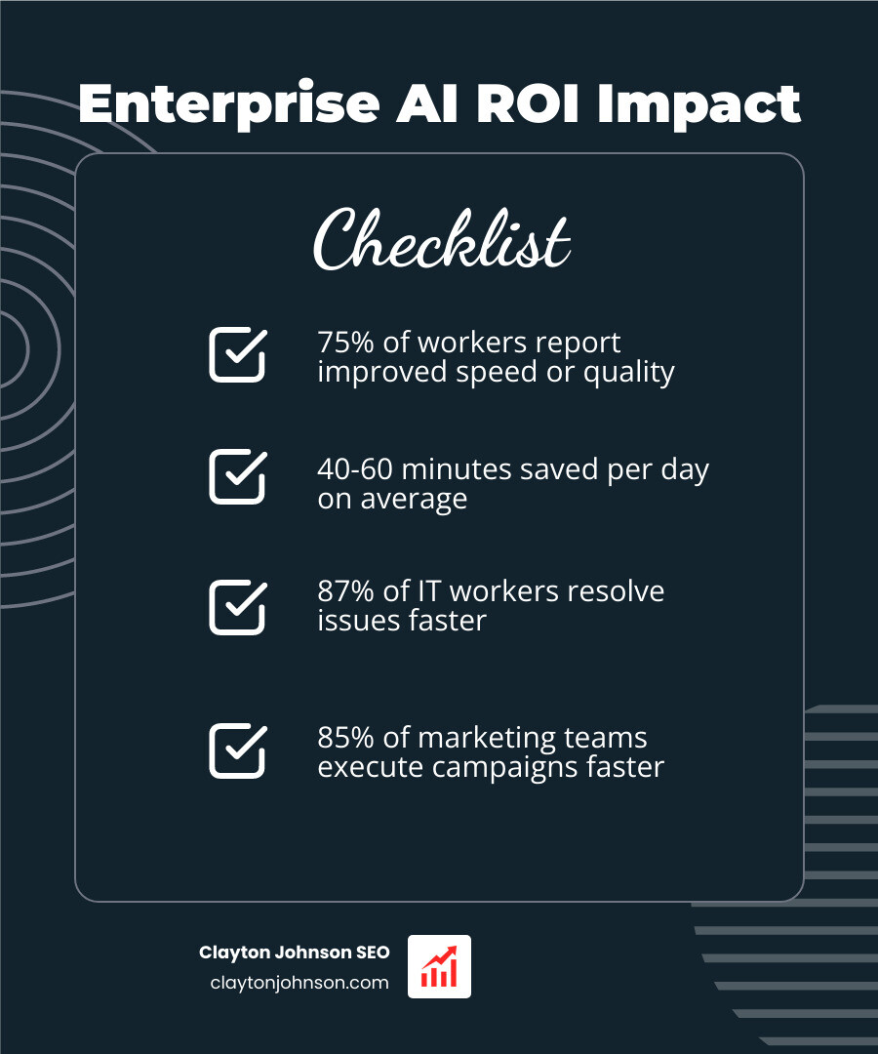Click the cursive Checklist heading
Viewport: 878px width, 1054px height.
click(441, 240)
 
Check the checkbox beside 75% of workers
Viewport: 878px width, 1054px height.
click(237, 354)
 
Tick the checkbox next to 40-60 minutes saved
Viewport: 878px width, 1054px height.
click(237, 477)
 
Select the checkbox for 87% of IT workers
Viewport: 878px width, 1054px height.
click(237, 607)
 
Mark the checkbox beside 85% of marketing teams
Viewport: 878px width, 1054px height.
click(237, 750)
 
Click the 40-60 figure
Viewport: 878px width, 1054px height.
click(353, 469)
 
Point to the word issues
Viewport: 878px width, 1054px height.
click(357, 621)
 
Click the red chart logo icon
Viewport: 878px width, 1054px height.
click(439, 966)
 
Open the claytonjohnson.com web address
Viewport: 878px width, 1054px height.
click(299, 983)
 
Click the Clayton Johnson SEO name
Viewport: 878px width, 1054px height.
click(294, 953)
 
